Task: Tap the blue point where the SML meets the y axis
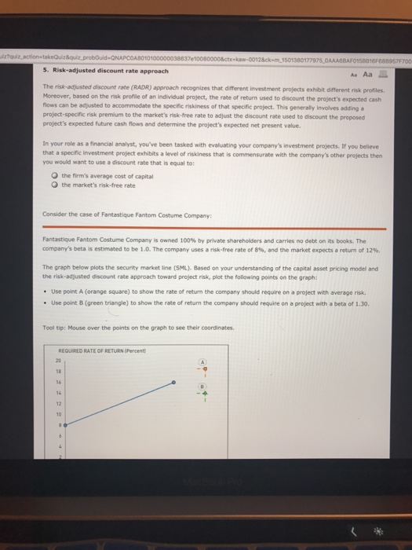point(64,423)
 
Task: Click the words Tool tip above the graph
point(53,306)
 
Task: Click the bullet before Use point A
point(46,268)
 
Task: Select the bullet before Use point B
point(46,280)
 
